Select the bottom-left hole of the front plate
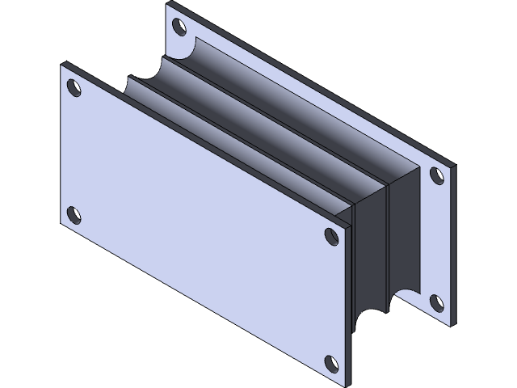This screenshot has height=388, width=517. (74, 215)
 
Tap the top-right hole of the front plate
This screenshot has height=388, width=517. (331, 235)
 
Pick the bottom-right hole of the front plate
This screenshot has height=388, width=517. (330, 363)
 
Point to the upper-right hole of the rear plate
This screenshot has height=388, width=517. (436, 175)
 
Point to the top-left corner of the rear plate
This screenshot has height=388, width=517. (167, 6)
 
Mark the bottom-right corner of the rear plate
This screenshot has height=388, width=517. (449, 323)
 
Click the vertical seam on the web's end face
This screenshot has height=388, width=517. (390, 242)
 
